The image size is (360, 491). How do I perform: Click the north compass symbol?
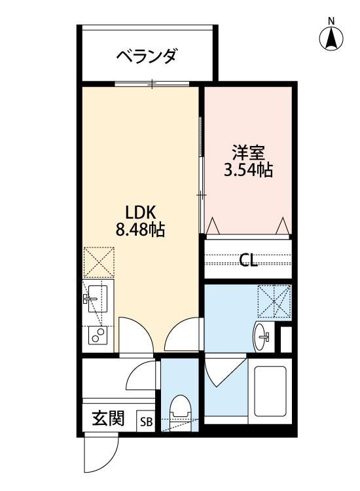[x=332, y=39]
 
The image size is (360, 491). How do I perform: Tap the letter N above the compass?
[x=332, y=20]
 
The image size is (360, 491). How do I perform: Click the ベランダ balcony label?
[x=147, y=57]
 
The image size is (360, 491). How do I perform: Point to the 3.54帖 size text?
[x=248, y=171]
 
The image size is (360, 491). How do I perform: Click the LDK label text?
[x=139, y=213]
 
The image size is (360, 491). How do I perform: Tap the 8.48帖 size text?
[x=139, y=230]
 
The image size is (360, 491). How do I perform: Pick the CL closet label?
[x=248, y=261]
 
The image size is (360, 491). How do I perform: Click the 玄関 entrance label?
[x=107, y=418]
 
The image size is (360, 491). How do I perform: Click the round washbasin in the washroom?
[x=262, y=336]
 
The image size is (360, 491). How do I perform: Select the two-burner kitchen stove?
[x=98, y=336]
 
